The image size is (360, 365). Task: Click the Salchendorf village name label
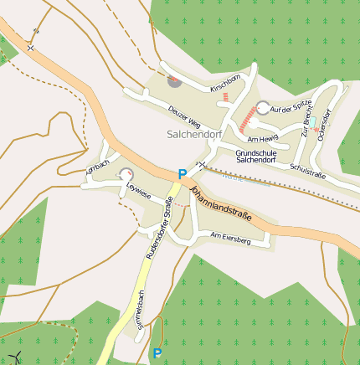pyautogui.click(x=193, y=133)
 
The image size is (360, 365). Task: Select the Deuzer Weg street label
pyautogui.click(x=184, y=113)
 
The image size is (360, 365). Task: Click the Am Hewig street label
pyautogui.click(x=262, y=138)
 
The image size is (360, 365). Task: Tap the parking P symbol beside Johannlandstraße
pyautogui.click(x=182, y=174)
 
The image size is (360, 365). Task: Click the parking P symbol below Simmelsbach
pyautogui.click(x=157, y=353)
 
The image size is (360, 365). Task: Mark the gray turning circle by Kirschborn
pyautogui.click(x=174, y=80)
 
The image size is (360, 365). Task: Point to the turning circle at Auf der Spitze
pyautogui.click(x=263, y=108)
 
